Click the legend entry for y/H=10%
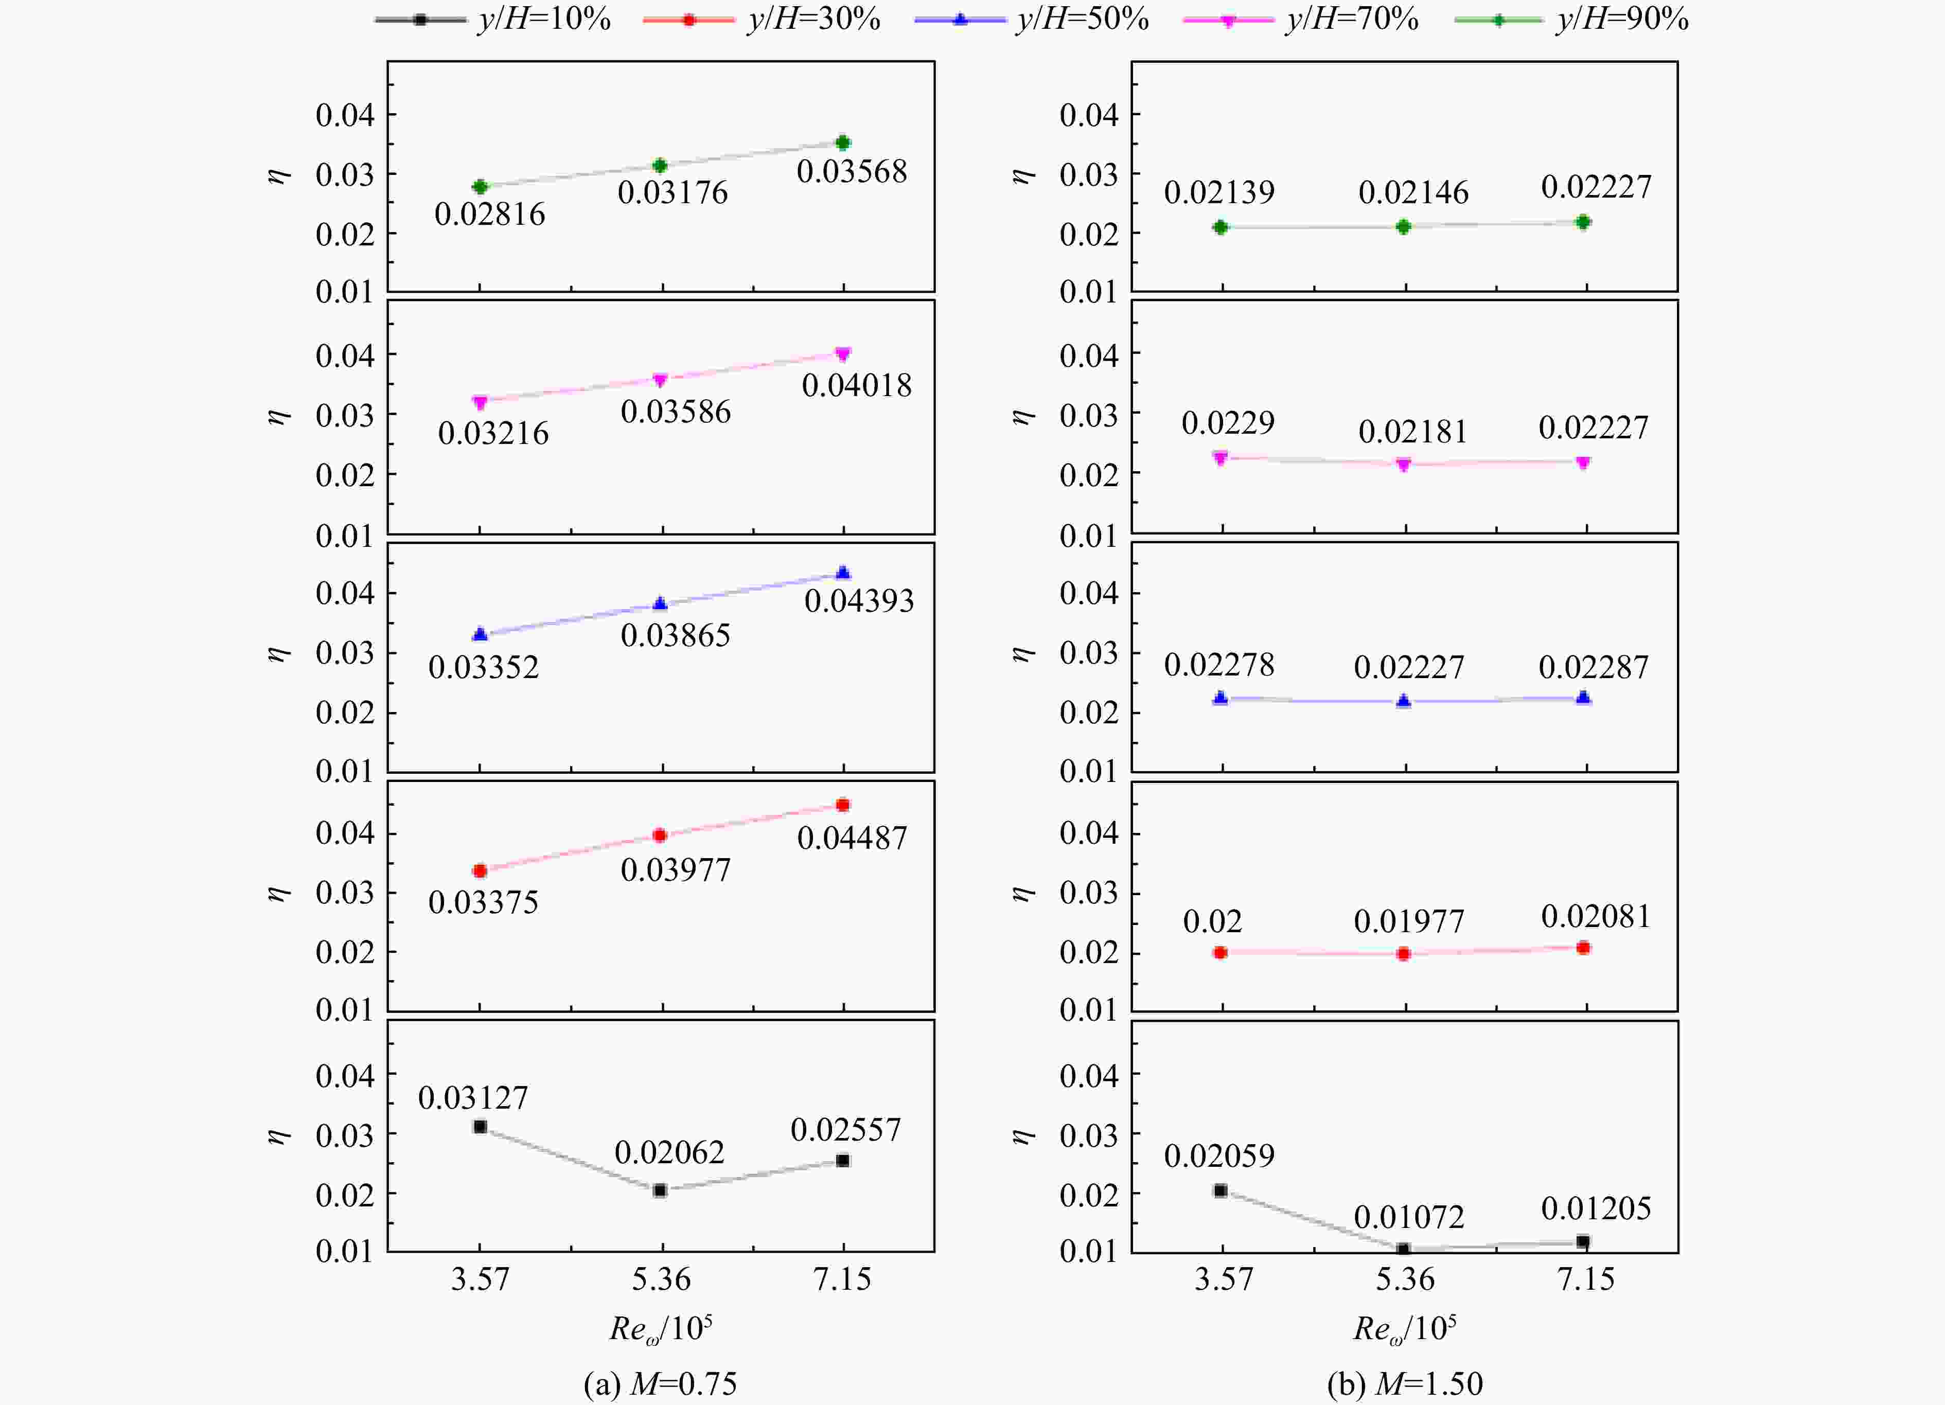coord(493,19)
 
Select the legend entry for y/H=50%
coord(1032,19)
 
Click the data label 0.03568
coord(852,171)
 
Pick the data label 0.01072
coord(1409,1216)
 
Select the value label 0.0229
coord(1228,422)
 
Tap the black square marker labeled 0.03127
coord(480,1126)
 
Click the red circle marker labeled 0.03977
coord(660,835)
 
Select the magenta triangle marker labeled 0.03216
coord(480,402)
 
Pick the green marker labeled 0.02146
coord(1403,226)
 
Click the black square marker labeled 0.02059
coord(1221,1190)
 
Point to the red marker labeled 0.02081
coord(1583,947)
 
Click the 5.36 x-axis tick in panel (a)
coord(661,1279)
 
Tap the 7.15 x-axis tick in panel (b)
coord(1586,1279)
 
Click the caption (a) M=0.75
coord(660,1383)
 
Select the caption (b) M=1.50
coord(1405,1383)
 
